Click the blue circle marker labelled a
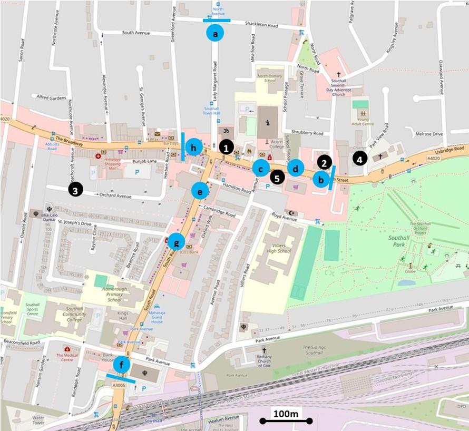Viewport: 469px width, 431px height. click(214, 33)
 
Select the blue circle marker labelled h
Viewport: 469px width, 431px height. click(194, 148)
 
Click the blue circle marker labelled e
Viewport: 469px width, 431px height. click(200, 191)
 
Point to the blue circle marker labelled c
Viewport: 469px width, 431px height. click(260, 168)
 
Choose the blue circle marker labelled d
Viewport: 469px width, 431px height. click(296, 168)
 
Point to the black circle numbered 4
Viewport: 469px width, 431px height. click(360, 158)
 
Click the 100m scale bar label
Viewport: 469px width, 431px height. click(285, 414)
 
